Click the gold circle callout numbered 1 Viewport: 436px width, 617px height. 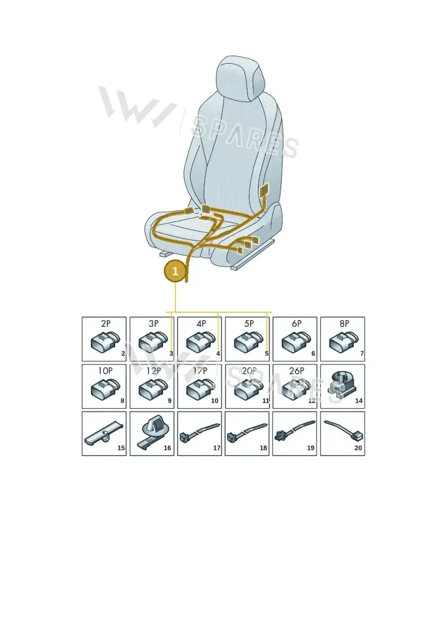pyautogui.click(x=175, y=271)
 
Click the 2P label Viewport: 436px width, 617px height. pyautogui.click(x=106, y=324)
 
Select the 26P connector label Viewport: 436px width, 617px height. pyautogui.click(x=296, y=370)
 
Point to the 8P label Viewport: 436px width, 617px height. pyautogui.click(x=344, y=324)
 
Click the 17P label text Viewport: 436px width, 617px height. pyautogui.click(x=200, y=370)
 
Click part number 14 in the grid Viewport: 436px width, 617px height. pyautogui.click(x=359, y=400)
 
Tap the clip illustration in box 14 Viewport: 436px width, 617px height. pyautogui.click(x=341, y=383)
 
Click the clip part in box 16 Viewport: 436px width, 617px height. pyautogui.click(x=152, y=433)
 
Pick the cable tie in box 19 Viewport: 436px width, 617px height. pyautogui.click(x=295, y=430)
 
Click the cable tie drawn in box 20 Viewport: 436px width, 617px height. pyautogui.click(x=343, y=430)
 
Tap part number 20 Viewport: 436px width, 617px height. pyautogui.click(x=358, y=448)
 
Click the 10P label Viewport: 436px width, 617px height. pyautogui.click(x=105, y=370)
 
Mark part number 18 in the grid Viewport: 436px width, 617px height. pyautogui.click(x=263, y=448)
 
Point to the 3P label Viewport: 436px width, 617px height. pyautogui.click(x=153, y=324)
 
